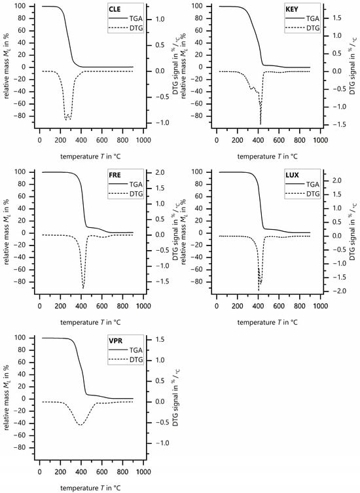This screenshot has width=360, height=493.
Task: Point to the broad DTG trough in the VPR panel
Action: point(81,425)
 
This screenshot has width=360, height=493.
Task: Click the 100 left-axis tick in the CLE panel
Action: point(24,6)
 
